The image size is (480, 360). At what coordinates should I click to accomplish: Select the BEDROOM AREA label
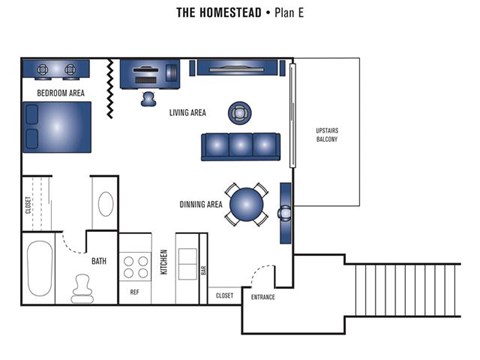click(x=60, y=93)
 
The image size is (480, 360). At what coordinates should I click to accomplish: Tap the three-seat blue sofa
click(x=239, y=146)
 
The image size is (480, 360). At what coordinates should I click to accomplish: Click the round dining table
click(x=246, y=205)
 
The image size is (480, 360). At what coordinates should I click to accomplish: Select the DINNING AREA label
click(x=201, y=204)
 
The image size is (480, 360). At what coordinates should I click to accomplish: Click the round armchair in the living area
click(x=240, y=112)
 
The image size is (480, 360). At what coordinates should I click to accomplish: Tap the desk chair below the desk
click(x=149, y=98)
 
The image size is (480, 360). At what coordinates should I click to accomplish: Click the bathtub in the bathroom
click(x=41, y=269)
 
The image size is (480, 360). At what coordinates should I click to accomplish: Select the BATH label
click(x=98, y=262)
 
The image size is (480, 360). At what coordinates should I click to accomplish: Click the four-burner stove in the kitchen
click(x=135, y=264)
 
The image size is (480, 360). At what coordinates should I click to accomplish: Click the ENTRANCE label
click(x=263, y=298)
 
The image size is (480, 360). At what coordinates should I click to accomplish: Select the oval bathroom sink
click(x=106, y=206)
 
